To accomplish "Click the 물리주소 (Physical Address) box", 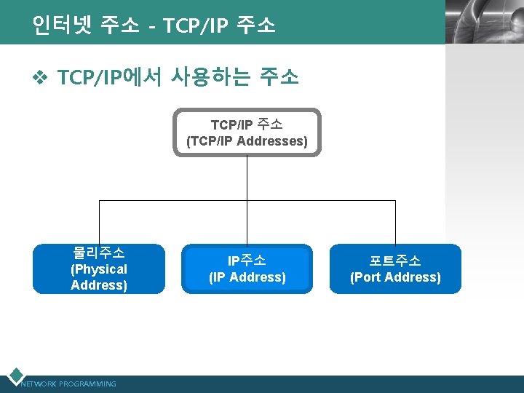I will (98, 269).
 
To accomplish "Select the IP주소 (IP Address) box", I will (247, 269).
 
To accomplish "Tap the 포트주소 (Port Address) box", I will (395, 269).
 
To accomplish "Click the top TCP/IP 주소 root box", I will (247, 132).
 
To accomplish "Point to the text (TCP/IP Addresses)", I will (247, 141).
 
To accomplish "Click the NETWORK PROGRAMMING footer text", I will (69, 384).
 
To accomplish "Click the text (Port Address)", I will (395, 277).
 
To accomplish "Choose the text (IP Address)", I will (247, 277).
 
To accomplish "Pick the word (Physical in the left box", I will (98, 269).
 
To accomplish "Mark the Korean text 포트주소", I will (395, 261).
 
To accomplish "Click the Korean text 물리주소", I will (98, 253).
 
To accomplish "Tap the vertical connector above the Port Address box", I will (395, 222).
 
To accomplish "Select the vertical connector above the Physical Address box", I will (99, 222).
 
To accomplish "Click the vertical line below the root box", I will (247, 178).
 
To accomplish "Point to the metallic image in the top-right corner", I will (484, 22).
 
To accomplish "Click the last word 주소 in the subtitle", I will (279, 76).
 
